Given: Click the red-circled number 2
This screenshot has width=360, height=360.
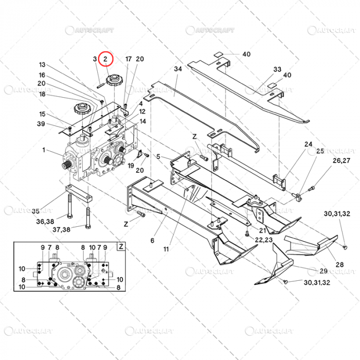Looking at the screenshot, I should [105, 60].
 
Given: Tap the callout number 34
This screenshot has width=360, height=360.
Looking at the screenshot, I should [178, 69].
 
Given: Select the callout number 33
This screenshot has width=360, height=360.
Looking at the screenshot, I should [277, 69].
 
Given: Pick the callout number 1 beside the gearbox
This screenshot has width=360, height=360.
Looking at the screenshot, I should [44, 150].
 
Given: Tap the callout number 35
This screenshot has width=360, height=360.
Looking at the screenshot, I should [35, 211].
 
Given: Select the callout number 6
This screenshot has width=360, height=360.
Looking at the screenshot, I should [152, 240].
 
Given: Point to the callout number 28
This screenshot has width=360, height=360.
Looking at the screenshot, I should [340, 264].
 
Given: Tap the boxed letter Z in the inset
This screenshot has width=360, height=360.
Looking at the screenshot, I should [121, 246].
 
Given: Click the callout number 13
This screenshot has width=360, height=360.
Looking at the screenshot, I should [42, 65].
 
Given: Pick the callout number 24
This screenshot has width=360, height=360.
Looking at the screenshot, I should [308, 144].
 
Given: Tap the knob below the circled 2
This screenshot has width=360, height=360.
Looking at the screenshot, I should [112, 80].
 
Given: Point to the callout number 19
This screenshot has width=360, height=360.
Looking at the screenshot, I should [131, 166].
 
